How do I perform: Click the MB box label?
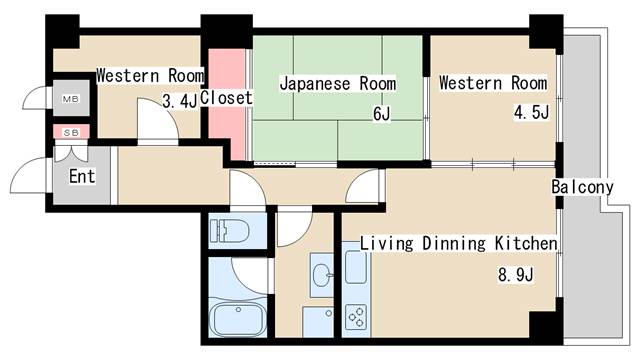coord(70,100)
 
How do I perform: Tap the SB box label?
coord(70,132)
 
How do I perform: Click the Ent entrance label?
coord(82,177)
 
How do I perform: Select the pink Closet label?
coord(226,99)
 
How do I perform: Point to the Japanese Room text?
coord(337,83)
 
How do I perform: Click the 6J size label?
coord(380,114)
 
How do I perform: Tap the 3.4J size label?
coord(180,100)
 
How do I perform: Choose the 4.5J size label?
coord(531,112)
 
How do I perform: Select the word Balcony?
coord(581,187)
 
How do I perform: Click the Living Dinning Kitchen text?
coord(458,244)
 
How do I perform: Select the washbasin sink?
coord(321,272)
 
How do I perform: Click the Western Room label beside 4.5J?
coord(492,83)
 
